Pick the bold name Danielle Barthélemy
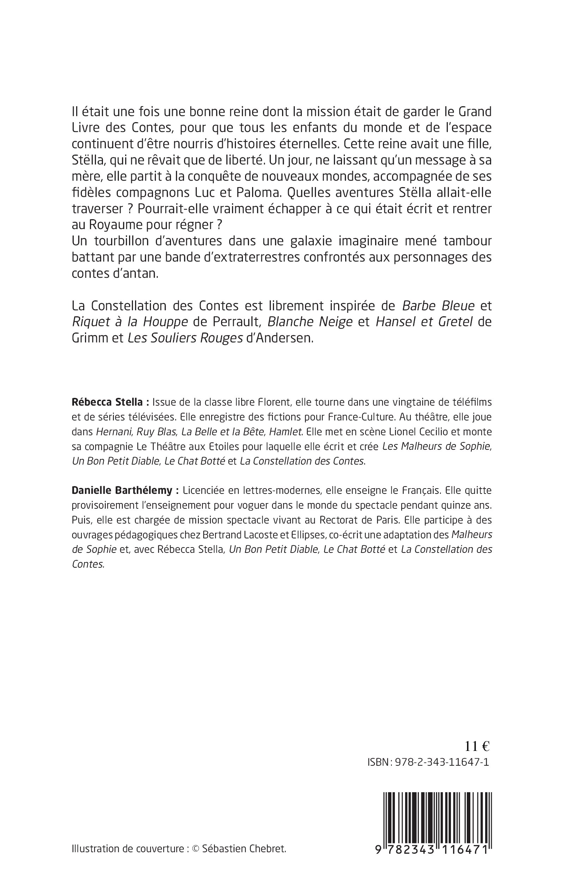pos(123,490)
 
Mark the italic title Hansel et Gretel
pos(424,322)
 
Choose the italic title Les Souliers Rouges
pos(185,338)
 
